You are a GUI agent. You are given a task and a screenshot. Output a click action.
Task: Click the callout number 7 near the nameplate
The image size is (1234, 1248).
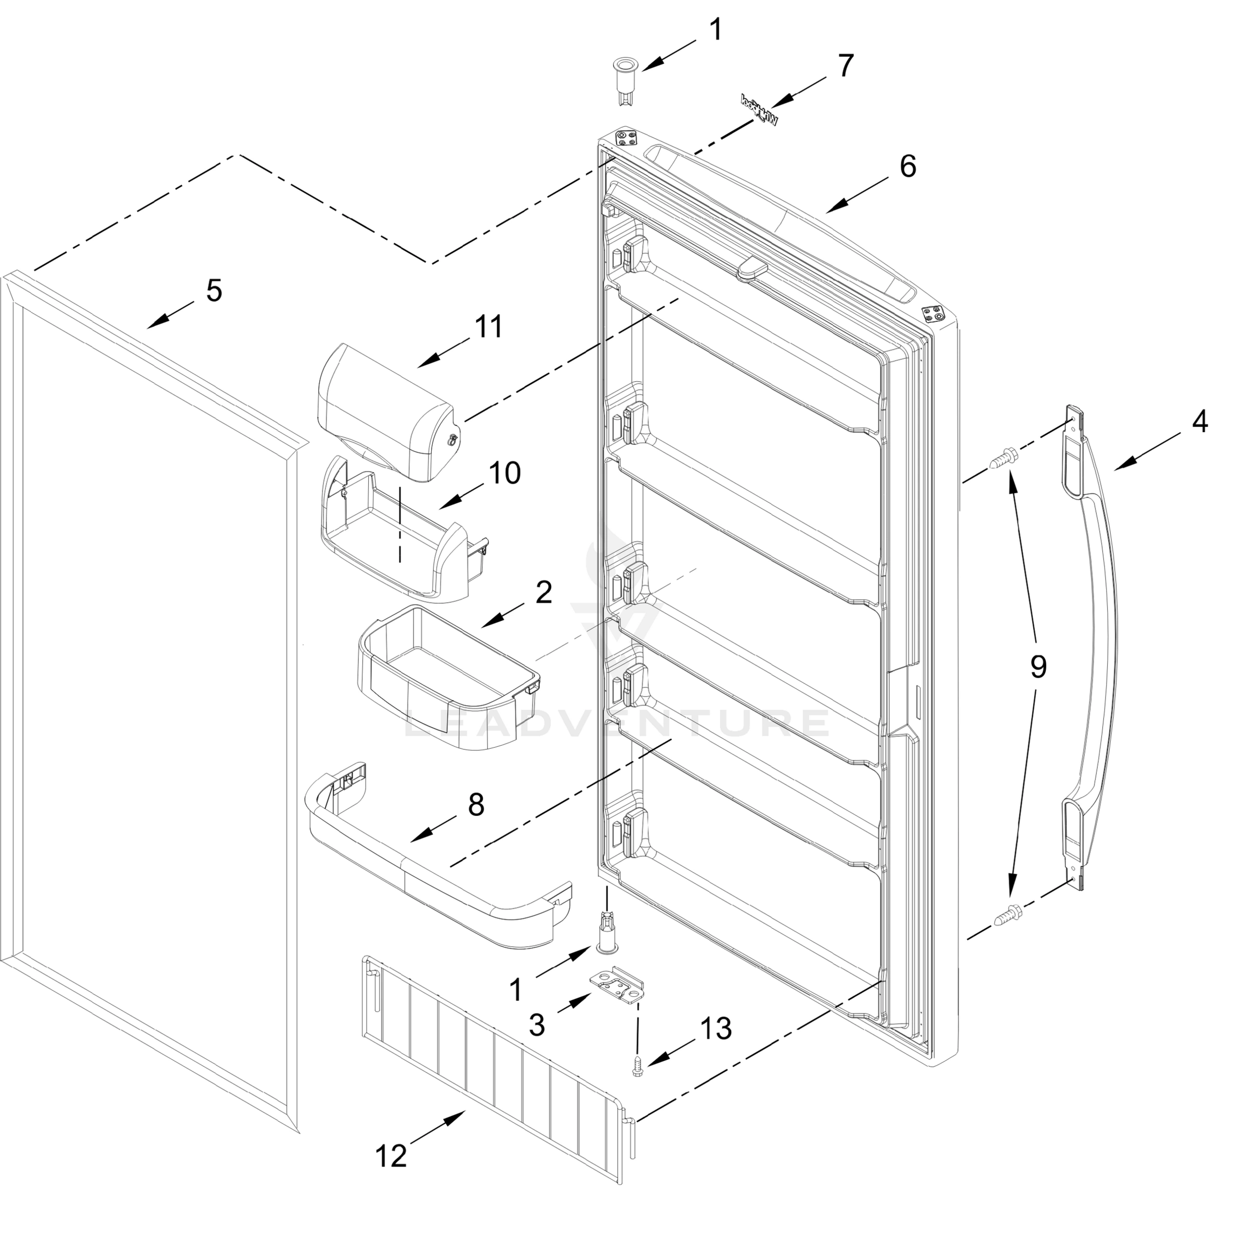846,66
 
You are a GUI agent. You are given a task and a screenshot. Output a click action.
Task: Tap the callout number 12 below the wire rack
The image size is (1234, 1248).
391,1155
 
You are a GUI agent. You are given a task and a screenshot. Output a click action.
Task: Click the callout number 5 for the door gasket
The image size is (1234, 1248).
214,291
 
